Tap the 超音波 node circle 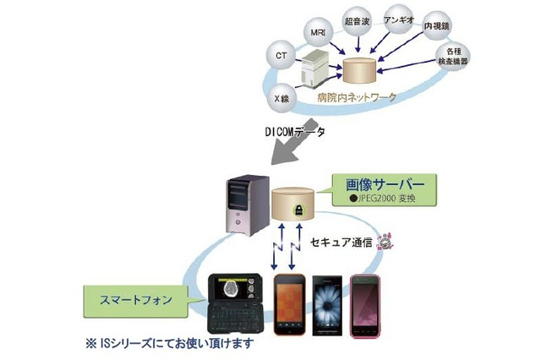pos(354,19)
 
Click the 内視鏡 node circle pos(437,27)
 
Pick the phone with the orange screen pos(288,304)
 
